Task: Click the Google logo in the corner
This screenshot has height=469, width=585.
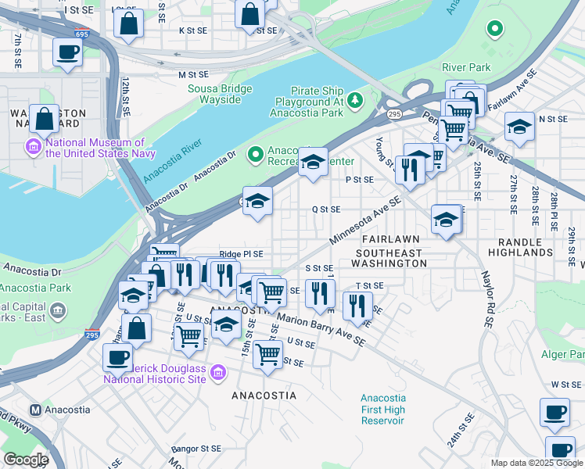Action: point(26,460)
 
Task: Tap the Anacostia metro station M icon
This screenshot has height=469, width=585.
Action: point(35,410)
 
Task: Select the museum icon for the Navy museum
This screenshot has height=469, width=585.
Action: point(34,146)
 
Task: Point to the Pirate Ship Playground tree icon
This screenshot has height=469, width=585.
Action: point(355,99)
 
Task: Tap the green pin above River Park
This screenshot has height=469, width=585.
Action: point(493,30)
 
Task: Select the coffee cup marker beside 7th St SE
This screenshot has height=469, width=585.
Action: point(67,53)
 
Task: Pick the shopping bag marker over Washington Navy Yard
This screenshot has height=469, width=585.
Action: point(45,120)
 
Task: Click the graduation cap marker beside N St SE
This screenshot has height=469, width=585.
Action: point(519,127)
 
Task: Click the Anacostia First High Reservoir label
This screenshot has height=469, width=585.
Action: point(383,410)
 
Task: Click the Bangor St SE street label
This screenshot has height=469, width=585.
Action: point(196,449)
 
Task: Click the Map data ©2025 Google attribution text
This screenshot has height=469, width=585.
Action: point(536,463)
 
